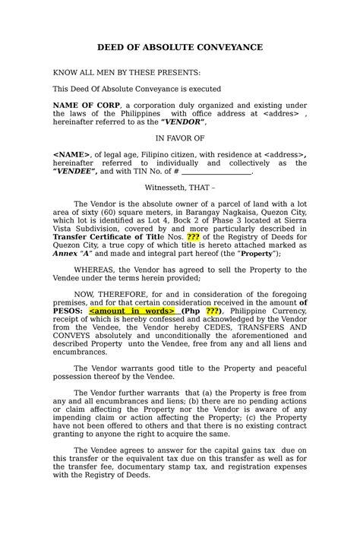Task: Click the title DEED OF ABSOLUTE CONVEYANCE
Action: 179,47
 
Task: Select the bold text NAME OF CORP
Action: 85,105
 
